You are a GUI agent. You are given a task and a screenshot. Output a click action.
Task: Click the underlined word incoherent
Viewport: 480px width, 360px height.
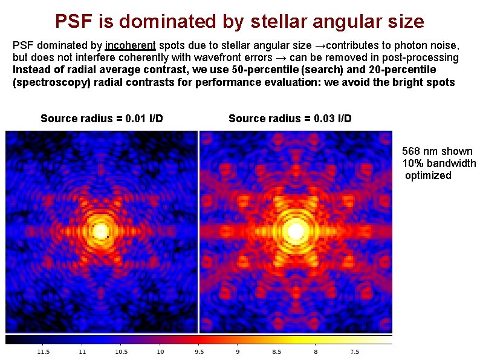click(131, 45)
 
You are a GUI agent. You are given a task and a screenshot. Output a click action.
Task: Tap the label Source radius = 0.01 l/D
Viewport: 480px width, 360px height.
click(102, 118)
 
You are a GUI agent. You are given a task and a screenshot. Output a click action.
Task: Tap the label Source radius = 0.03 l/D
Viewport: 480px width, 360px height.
click(290, 118)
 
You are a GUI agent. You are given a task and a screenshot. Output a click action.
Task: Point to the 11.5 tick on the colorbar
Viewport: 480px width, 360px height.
click(44, 352)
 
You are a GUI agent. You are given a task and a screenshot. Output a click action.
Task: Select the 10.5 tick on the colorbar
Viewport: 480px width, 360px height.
click(122, 352)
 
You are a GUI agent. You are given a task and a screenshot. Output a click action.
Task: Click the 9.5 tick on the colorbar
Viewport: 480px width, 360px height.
click(199, 352)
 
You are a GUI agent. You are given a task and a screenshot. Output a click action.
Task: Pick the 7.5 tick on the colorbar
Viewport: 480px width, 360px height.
click(354, 352)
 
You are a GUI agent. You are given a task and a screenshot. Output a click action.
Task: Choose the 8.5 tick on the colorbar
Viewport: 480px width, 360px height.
click(277, 352)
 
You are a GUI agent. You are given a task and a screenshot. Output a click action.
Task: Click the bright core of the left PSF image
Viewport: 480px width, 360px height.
click(100, 231)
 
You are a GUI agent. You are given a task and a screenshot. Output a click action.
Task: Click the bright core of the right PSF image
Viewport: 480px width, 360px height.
click(296, 231)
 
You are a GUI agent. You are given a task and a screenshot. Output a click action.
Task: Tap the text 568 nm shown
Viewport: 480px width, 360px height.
click(438, 151)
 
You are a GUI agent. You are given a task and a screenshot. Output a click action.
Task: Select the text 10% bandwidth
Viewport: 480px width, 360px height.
click(439, 163)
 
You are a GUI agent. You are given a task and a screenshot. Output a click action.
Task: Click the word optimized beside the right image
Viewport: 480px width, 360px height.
click(428, 175)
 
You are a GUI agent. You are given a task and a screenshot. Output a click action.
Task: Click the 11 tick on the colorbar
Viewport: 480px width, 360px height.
click(82, 352)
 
